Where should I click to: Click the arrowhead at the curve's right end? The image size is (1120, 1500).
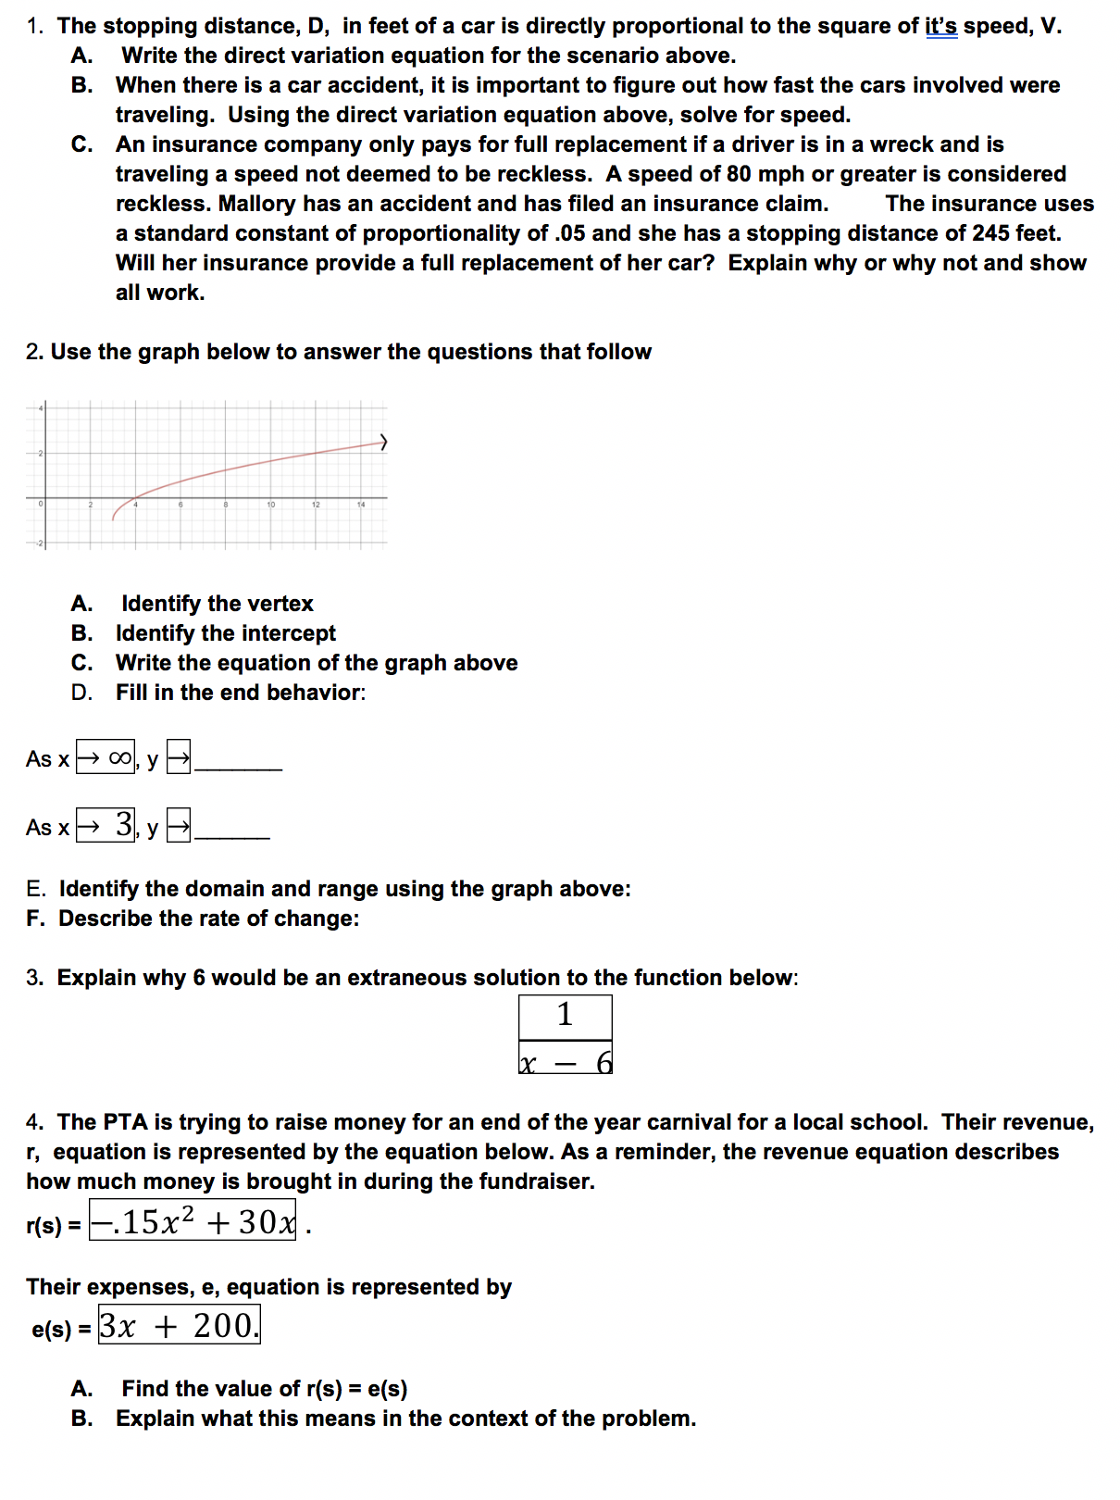[383, 443]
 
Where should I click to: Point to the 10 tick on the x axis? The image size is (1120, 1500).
[270, 505]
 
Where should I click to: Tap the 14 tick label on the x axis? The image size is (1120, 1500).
[361, 505]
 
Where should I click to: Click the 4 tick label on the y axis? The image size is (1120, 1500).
[40, 407]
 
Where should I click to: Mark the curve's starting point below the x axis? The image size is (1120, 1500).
[114, 519]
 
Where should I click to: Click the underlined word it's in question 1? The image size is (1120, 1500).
[941, 26]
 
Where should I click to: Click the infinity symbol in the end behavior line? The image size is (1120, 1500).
[120, 758]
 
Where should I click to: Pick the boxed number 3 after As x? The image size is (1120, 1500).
[124, 824]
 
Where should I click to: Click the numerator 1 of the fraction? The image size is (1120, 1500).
[565, 1016]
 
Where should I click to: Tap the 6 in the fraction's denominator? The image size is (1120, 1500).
[604, 1062]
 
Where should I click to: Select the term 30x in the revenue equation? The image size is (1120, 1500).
[267, 1222]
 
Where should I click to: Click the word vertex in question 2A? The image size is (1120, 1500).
[282, 604]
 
